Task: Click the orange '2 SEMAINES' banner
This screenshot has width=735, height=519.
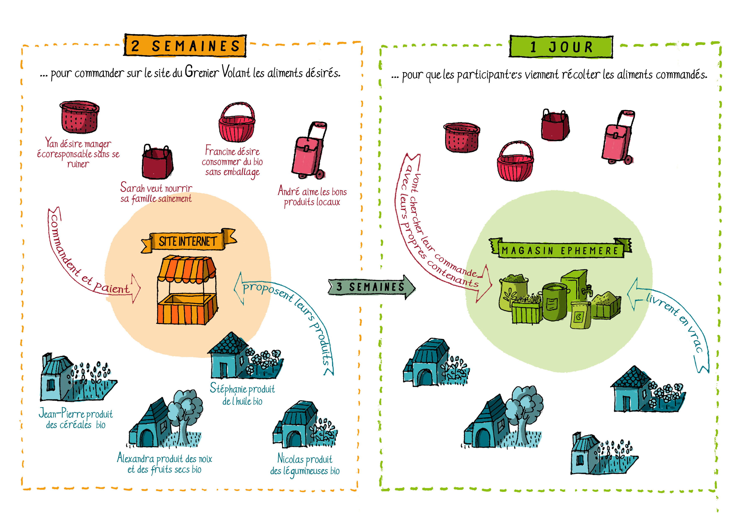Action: [x=185, y=46]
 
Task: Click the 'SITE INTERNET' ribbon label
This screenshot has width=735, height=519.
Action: [x=188, y=242]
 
